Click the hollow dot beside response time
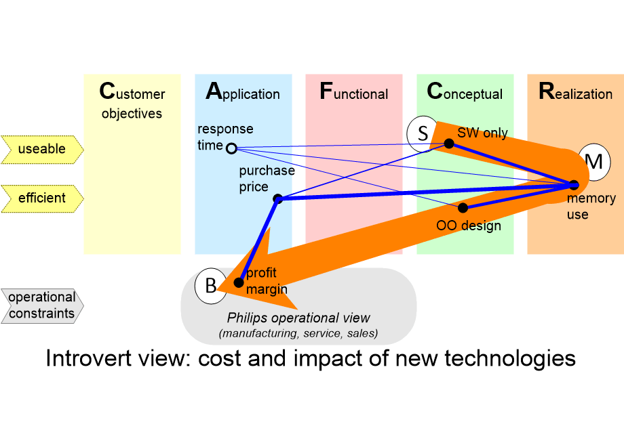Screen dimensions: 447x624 [x=231, y=148]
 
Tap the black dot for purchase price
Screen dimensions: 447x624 [x=277, y=198]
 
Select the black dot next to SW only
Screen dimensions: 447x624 [x=448, y=143]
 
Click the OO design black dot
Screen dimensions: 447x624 [x=463, y=207]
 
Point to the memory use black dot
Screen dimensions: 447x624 [x=574, y=184]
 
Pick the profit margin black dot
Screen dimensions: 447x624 [x=239, y=282]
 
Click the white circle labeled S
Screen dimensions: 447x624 [x=423, y=133]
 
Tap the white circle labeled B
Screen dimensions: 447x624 [x=211, y=286]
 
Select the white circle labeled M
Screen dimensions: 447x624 [x=593, y=162]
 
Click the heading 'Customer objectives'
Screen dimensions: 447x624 [x=132, y=102]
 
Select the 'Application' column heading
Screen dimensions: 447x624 [x=243, y=93]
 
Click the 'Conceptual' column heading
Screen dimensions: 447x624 [x=465, y=93]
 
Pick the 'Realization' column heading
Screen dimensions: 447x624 [x=576, y=93]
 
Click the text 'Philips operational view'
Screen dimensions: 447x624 [x=298, y=318]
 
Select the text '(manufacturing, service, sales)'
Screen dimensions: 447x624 [x=298, y=333]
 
